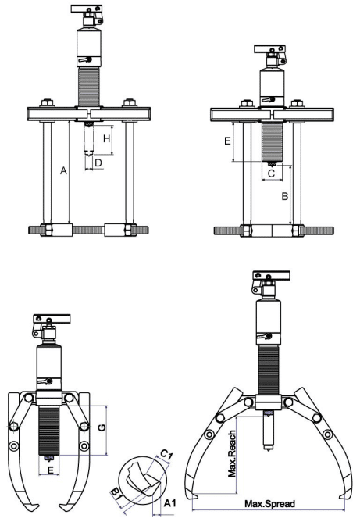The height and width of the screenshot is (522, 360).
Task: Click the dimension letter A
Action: click(x=63, y=171)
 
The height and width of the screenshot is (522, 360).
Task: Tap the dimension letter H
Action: click(x=106, y=138)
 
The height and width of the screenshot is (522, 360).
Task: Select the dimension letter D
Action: click(x=98, y=163)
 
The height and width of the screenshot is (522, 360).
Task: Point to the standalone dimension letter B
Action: click(x=285, y=196)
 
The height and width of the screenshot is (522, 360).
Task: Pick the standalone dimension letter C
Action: click(x=271, y=173)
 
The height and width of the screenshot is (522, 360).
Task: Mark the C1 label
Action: click(x=166, y=454)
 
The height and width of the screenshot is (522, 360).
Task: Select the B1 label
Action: click(x=116, y=494)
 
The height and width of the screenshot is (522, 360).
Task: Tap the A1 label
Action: click(x=169, y=503)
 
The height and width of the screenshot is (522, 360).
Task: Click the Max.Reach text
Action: click(x=232, y=453)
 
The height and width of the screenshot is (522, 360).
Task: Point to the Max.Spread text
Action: click(x=270, y=504)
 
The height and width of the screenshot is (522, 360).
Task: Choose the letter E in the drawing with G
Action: click(x=50, y=470)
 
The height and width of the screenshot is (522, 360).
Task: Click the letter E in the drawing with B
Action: click(x=227, y=141)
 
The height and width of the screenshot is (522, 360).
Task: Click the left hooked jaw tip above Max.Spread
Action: click(x=194, y=497)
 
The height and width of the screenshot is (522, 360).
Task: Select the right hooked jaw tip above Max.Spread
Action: click(x=343, y=497)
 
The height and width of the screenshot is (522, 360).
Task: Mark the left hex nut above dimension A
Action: click(x=46, y=103)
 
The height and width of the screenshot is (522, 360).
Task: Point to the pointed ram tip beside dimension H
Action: click(x=89, y=156)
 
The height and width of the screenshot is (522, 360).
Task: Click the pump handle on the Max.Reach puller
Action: click(x=271, y=275)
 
